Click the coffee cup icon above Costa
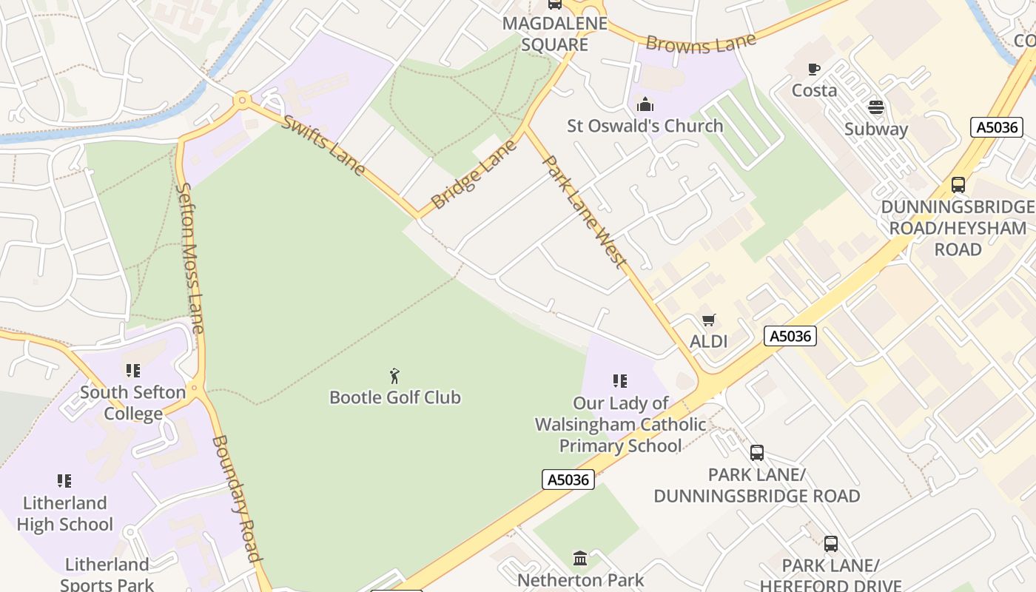(x=814, y=70)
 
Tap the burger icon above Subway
(x=876, y=108)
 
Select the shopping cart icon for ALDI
(x=709, y=320)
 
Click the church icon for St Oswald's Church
(x=645, y=104)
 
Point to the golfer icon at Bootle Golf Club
(x=395, y=375)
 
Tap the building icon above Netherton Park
(x=580, y=558)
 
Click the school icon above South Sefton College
(x=133, y=370)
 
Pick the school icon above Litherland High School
(x=65, y=481)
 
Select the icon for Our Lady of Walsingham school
(x=620, y=381)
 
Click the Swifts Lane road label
(x=323, y=145)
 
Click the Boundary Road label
(x=238, y=499)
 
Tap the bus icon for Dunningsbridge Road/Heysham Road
(x=958, y=185)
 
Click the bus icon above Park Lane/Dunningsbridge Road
(x=756, y=452)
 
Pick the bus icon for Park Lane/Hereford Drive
(x=831, y=544)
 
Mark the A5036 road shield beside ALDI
(x=790, y=337)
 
